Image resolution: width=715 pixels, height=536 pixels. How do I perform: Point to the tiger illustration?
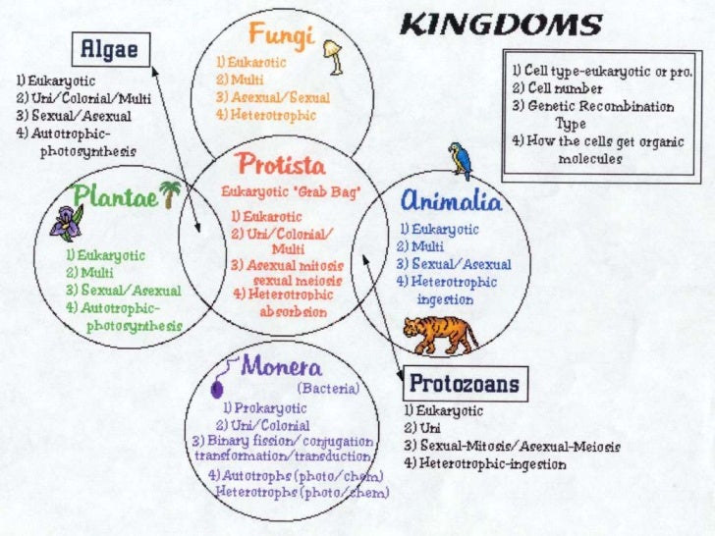(443, 334)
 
